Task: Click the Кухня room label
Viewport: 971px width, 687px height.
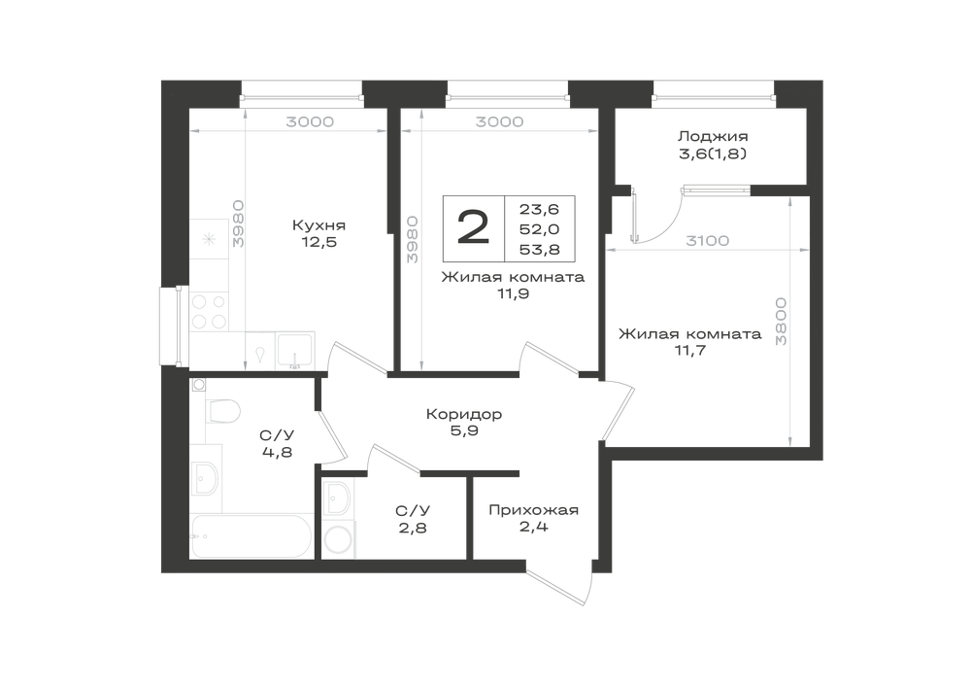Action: pyautogui.click(x=318, y=225)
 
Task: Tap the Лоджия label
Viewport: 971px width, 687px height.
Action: pyautogui.click(x=713, y=136)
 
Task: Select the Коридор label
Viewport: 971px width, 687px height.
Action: pyautogui.click(x=464, y=414)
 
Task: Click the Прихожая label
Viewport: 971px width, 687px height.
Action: pyautogui.click(x=534, y=510)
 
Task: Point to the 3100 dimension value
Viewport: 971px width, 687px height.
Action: pyautogui.click(x=707, y=240)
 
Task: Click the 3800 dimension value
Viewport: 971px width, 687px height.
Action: pyautogui.click(x=781, y=322)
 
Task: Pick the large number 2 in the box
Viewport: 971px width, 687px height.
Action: pyautogui.click(x=474, y=227)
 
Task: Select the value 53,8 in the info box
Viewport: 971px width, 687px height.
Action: pyautogui.click(x=539, y=250)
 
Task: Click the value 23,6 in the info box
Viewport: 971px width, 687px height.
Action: pyautogui.click(x=539, y=210)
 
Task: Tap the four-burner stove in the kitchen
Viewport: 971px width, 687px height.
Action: pyautogui.click(x=209, y=312)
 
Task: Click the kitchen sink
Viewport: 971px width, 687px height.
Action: pyautogui.click(x=295, y=351)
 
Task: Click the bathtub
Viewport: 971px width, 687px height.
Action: pyautogui.click(x=251, y=535)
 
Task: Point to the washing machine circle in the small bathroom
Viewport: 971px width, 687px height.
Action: pyautogui.click(x=338, y=539)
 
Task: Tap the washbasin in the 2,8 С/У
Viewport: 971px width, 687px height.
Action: pyautogui.click(x=338, y=498)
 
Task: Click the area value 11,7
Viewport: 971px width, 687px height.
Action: pyautogui.click(x=689, y=351)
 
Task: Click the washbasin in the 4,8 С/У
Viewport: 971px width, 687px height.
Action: pyautogui.click(x=206, y=478)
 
